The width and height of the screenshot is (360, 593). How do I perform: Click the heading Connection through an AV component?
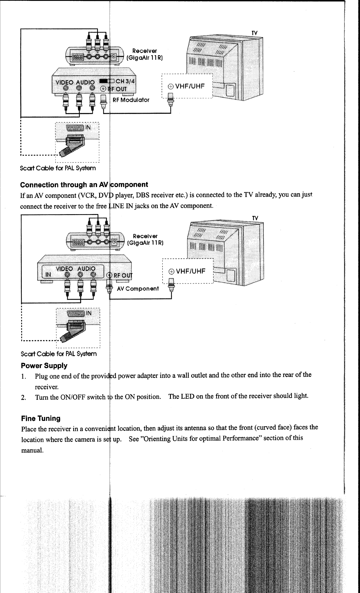pos(84,185)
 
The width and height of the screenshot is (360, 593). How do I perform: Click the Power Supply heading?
pos(44,366)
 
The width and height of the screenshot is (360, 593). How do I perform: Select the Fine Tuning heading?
pos(41,418)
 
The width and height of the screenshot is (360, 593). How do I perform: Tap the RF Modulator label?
pos(131,100)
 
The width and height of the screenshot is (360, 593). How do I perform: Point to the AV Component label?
pos(138,289)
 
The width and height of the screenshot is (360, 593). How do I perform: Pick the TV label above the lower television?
pos(255,218)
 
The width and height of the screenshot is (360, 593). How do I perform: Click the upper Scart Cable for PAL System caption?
pos(58,168)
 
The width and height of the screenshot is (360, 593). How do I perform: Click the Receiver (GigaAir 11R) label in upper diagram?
pos(144,54)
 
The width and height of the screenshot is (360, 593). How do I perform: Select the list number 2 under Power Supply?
pos(23,398)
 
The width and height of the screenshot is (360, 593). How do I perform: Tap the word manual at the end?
pos(33,450)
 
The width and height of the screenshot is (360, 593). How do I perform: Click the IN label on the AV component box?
pos(48,274)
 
